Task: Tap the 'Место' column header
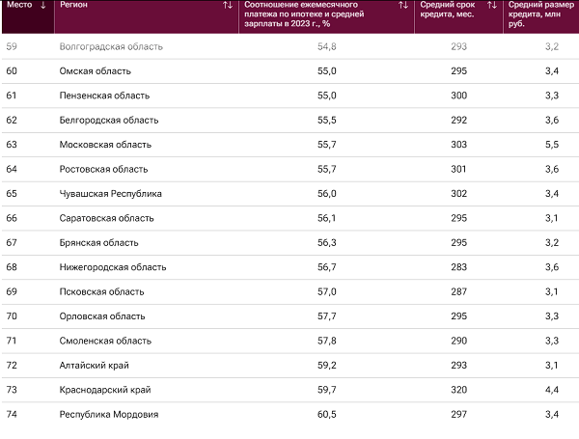coord(21,6)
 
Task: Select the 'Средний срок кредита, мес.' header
coord(448,12)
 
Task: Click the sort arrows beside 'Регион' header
coord(228,6)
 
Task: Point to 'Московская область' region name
coord(105,144)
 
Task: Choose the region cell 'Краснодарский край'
coord(106,390)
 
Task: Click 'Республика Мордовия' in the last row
coord(109,414)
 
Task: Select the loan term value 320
coord(457,390)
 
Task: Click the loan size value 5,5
coord(551,144)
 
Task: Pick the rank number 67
coord(12,242)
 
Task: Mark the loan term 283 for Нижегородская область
coord(457,267)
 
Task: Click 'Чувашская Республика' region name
coord(111,193)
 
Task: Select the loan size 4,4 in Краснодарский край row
coord(551,390)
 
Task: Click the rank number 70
coord(12,316)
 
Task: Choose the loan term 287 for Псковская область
coord(457,291)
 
